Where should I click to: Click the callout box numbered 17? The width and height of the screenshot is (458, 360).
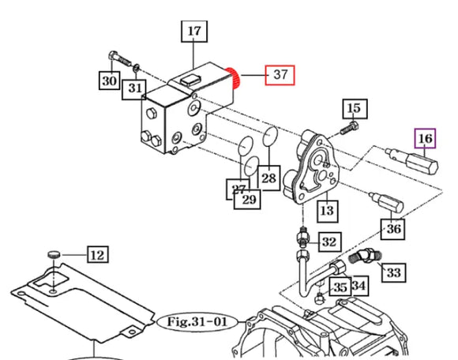click(x=195, y=32)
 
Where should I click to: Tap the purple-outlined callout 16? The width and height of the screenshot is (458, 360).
click(x=426, y=140)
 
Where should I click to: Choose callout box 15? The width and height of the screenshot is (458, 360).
click(x=353, y=108)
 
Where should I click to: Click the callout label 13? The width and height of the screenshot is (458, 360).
click(x=326, y=210)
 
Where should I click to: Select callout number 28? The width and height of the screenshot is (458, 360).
click(x=268, y=178)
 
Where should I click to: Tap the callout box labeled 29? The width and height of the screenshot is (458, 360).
click(x=250, y=200)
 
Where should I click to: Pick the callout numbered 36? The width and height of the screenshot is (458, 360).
click(x=392, y=229)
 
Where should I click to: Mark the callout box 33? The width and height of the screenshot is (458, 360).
click(x=392, y=272)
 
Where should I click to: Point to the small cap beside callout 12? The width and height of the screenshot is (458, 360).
click(x=53, y=253)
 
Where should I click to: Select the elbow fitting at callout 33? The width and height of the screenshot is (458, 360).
click(x=366, y=255)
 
